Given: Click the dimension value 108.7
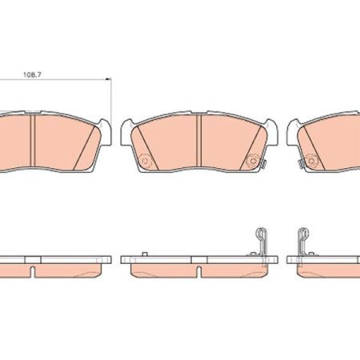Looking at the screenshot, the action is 32,74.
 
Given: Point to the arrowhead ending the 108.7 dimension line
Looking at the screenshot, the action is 108,79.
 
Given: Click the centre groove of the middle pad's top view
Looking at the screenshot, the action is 198,141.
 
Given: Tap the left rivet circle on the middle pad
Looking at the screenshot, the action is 145,161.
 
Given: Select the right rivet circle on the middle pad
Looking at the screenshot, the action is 252,161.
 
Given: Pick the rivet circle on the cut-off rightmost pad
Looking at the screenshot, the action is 311,161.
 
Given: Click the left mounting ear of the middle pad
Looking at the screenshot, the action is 127,132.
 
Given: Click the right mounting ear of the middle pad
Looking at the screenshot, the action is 271,132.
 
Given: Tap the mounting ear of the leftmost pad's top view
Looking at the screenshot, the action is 105,132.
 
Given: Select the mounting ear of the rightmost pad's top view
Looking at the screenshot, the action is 293,132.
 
